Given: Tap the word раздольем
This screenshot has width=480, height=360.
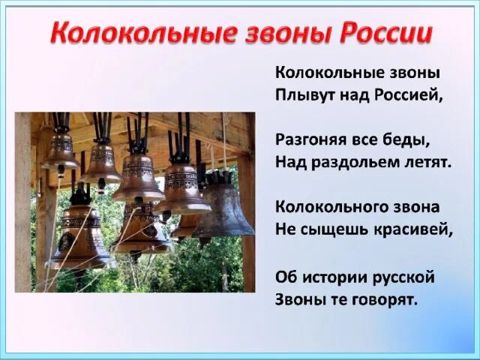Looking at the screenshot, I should (355, 162).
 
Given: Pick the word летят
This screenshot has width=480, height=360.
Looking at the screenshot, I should (427, 162).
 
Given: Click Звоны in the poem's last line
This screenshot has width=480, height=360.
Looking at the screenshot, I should (298, 299).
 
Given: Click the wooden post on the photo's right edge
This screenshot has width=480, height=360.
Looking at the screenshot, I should (248, 225).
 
